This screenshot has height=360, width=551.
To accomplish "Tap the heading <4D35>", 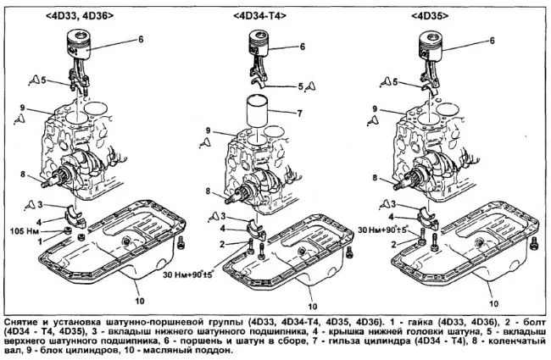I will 432,14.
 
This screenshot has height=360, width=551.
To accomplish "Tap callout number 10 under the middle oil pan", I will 314,306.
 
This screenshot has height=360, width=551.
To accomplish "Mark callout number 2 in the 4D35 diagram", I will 393,243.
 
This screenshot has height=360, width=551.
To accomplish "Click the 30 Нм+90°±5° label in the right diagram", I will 384,230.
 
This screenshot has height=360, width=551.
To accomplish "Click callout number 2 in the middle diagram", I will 220,244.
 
